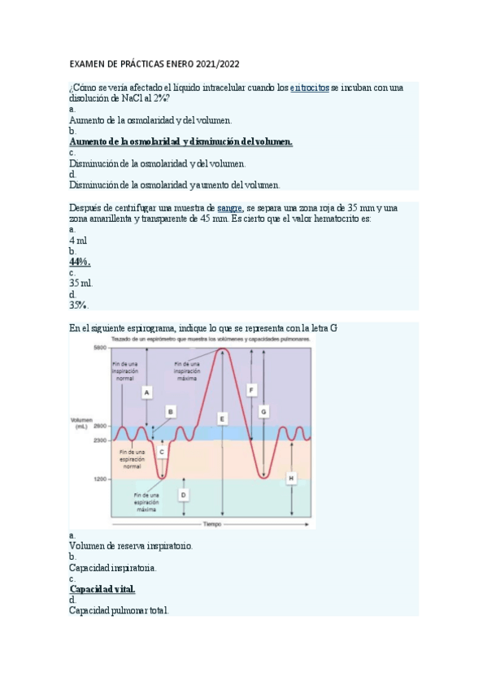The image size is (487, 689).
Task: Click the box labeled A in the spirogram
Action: [147, 392]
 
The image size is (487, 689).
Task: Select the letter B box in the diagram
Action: [171, 412]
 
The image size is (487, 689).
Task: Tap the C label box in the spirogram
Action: [162, 450]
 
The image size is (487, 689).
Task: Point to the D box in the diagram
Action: [184, 493]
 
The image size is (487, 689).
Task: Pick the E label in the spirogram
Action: [222, 418]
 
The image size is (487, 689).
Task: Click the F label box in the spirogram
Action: [252, 390]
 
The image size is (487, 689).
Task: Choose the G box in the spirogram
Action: [263, 412]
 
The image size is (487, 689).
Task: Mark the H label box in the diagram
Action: [291, 479]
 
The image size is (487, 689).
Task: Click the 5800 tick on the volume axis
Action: [99, 348]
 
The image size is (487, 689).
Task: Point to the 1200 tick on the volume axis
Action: [99, 479]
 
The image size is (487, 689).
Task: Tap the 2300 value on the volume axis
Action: [99, 440]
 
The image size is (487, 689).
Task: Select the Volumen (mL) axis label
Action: [81, 422]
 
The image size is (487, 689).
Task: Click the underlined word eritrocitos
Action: [310, 88]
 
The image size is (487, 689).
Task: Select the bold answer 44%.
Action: [80, 262]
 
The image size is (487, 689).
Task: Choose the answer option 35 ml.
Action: [80, 283]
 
